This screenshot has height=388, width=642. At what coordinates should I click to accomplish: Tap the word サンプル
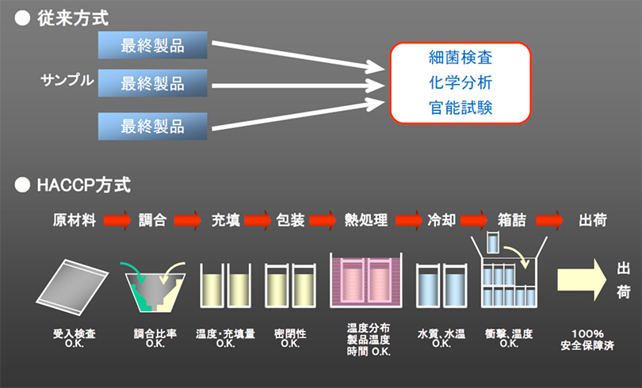tap(67, 80)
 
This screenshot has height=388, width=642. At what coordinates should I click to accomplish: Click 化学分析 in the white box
tap(460, 82)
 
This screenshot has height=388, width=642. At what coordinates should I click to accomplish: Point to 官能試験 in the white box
tap(460, 107)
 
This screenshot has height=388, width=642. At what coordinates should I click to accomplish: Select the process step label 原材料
tap(75, 220)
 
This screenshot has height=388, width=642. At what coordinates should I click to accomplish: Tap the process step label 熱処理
tap(366, 220)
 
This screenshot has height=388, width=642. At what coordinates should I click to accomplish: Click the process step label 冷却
tap(441, 220)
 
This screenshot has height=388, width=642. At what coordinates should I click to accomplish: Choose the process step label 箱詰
tap(510, 220)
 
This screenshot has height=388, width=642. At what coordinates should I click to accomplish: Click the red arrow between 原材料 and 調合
tap(117, 220)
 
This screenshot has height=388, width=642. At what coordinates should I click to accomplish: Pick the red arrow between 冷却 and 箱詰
tap(475, 220)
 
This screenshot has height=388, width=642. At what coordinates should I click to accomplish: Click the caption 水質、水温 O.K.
tap(440, 338)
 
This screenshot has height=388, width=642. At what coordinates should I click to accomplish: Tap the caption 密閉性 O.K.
tap(290, 338)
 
